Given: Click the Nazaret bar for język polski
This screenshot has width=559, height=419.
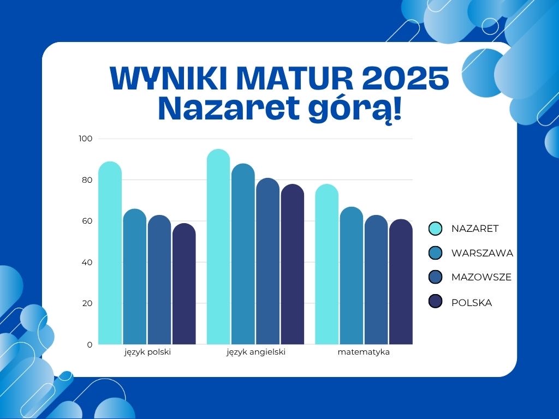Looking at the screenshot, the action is (110, 253).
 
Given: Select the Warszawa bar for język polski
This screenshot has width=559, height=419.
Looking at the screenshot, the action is (135, 277).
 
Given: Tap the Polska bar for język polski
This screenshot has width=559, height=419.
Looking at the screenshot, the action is (184, 284).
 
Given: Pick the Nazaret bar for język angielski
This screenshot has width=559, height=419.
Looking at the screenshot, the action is (218, 247).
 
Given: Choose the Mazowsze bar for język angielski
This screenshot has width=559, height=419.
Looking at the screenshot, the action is (267, 261).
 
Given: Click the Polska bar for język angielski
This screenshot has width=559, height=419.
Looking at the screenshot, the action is (293, 264).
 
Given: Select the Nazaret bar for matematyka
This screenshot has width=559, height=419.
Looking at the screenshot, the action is (327, 264).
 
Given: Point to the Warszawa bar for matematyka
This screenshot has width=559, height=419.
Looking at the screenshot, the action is (352, 276).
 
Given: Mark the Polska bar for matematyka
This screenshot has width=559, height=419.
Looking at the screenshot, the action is (401, 282).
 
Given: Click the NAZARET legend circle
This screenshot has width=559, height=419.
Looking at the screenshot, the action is (435, 229).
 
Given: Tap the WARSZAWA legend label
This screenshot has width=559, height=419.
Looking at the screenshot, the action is (482, 253).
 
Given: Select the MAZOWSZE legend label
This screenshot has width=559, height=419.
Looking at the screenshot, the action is (481, 277).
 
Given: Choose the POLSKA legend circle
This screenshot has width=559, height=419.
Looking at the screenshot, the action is (435, 301).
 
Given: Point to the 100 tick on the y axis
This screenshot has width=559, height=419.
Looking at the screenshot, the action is (86, 139).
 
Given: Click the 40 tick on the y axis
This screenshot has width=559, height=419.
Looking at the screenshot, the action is (87, 262).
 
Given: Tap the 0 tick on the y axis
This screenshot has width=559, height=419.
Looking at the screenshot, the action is (90, 345).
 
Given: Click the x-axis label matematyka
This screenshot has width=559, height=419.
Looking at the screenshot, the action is (364, 352).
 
